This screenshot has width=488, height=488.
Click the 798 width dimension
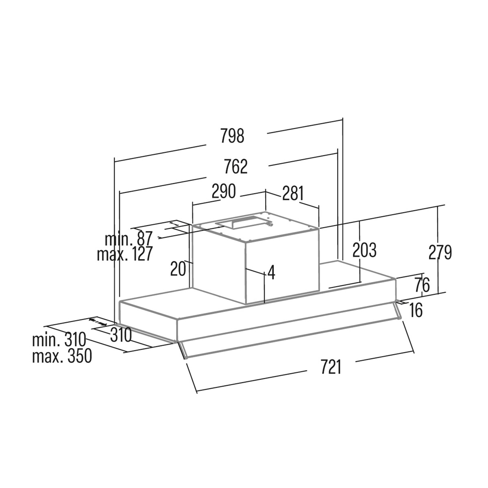(x=232, y=136)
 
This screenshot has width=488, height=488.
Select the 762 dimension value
(x=236, y=166)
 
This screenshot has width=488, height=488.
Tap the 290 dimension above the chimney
(x=224, y=191)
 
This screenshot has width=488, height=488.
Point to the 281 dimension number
(x=293, y=193)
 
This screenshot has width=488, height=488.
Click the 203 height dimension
(x=364, y=250)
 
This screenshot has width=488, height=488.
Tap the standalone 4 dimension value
(x=271, y=272)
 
